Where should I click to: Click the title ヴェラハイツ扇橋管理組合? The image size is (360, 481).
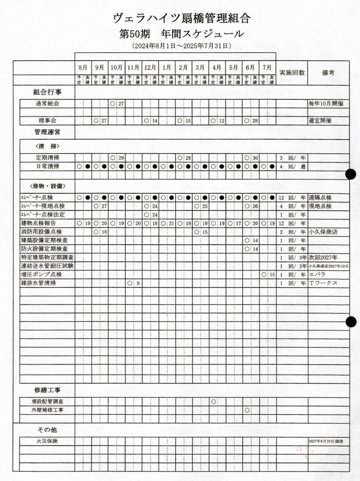[182, 18]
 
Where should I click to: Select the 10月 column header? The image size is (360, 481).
[117, 68]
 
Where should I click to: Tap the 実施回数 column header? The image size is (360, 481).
[292, 73]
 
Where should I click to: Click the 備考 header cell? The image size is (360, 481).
[328, 73]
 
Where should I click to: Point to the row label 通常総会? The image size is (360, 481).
[47, 104]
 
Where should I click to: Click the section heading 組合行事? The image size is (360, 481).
[47, 92]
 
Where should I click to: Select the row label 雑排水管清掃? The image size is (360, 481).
[39, 283]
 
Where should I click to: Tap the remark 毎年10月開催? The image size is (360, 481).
[326, 104]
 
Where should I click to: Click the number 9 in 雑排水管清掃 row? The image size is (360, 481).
[138, 283]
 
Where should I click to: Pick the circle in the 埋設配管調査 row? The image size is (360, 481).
[214, 402]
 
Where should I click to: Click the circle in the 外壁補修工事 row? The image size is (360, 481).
[247, 410]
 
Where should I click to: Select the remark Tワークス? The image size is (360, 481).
[323, 283]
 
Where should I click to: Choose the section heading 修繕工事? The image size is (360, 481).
[47, 390]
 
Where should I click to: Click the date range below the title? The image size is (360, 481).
[182, 46]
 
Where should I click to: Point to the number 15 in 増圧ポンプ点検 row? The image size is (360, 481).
[272, 275]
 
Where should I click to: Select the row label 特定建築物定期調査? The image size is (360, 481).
[47, 257]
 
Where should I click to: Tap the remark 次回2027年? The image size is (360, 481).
[324, 258]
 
